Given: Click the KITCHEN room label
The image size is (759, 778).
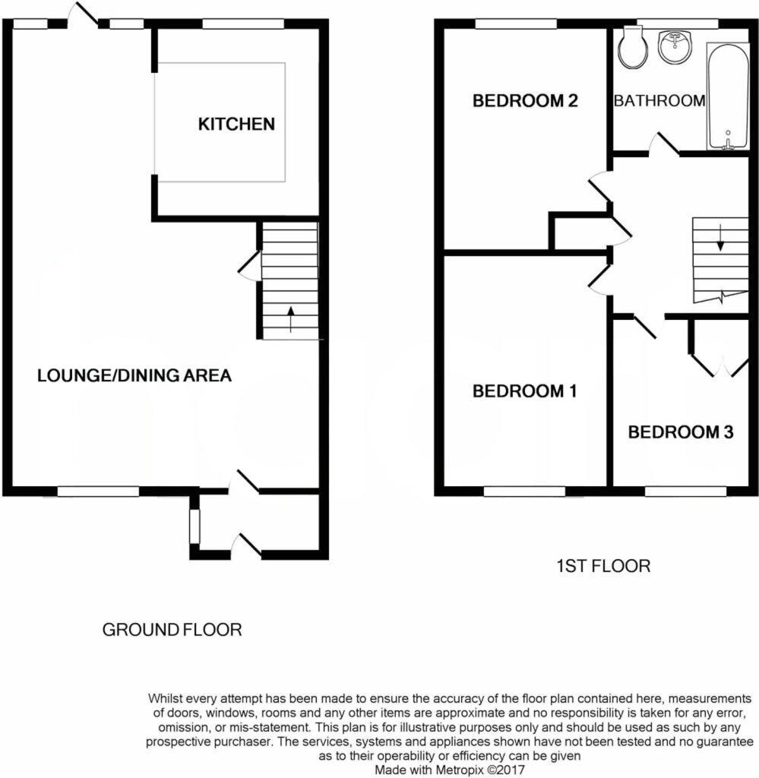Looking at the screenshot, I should [236, 124].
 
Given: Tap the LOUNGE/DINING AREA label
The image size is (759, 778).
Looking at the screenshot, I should [134, 375].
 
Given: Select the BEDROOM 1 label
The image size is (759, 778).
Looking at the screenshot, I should [524, 391].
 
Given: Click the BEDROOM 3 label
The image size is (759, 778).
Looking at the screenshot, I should [680, 432].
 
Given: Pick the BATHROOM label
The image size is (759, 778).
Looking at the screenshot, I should [659, 100].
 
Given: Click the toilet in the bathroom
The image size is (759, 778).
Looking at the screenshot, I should [632, 48].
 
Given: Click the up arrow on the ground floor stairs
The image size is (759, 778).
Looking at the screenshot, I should [290, 319].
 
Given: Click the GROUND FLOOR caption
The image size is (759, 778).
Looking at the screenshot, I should [172, 630].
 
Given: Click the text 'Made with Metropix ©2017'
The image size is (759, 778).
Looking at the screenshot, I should [450, 769].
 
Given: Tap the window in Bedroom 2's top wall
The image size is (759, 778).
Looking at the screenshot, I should [516, 24].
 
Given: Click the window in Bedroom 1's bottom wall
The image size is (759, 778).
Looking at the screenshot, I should [524, 491].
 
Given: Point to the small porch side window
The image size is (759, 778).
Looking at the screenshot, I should [194, 527].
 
